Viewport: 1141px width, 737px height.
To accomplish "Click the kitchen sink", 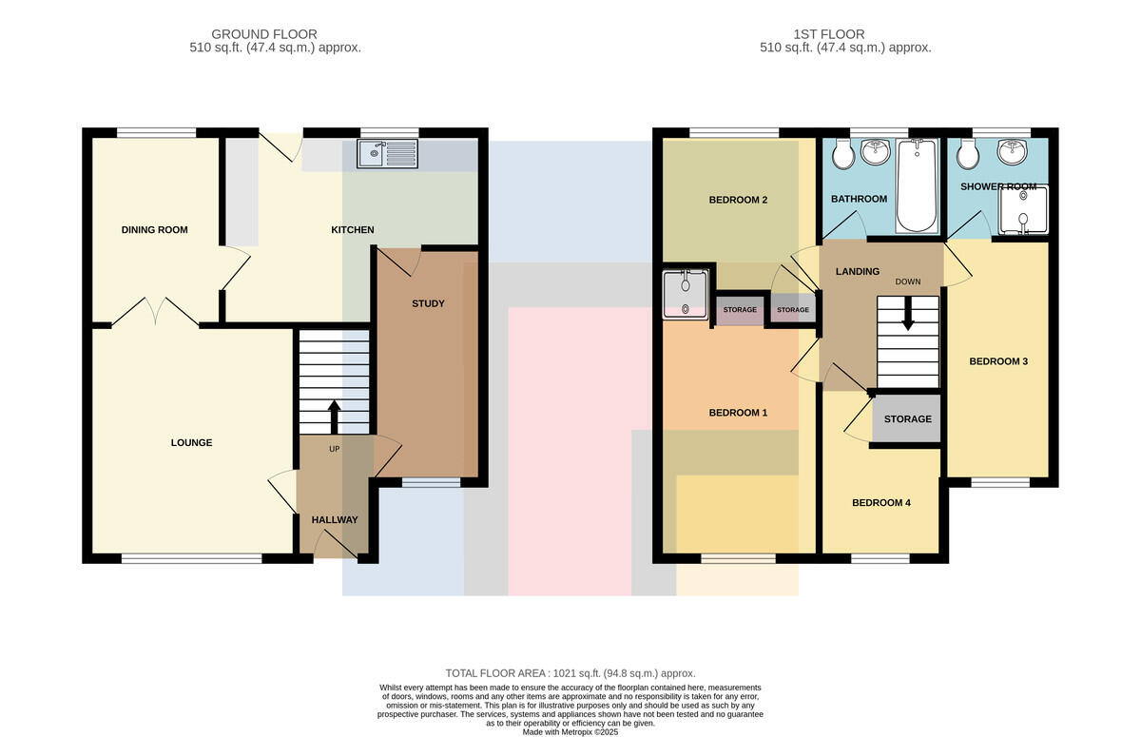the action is [x=388, y=153].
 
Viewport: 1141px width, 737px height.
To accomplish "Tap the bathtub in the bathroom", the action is [x=917, y=185].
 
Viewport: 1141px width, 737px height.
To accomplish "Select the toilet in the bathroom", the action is [x=843, y=153].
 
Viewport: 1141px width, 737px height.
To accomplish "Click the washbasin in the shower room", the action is [x=1012, y=151].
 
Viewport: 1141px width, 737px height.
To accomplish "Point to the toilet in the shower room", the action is [x=968, y=153].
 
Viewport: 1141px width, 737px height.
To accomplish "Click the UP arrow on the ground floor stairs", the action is [x=334, y=417].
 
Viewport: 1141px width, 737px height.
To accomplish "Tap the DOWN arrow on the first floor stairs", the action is [x=908, y=313].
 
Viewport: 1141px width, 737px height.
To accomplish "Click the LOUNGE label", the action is [x=191, y=442].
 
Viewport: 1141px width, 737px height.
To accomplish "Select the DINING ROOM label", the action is [x=154, y=230].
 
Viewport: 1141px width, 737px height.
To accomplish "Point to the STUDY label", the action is [x=428, y=303].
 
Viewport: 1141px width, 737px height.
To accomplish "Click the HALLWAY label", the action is [x=335, y=520].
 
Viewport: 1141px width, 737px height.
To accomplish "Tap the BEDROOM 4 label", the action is [x=881, y=503].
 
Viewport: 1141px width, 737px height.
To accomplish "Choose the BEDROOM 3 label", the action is [x=998, y=361].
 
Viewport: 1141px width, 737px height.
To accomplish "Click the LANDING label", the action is [x=858, y=271].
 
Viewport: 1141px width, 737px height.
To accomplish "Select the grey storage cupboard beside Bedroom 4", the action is [x=906, y=419].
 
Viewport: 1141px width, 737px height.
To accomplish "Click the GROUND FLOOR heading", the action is [x=264, y=34].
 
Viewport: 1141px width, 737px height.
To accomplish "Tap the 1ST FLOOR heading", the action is [x=829, y=34].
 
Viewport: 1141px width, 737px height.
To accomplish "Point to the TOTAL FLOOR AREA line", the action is [x=570, y=673].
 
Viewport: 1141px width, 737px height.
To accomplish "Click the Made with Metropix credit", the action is [x=570, y=732].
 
